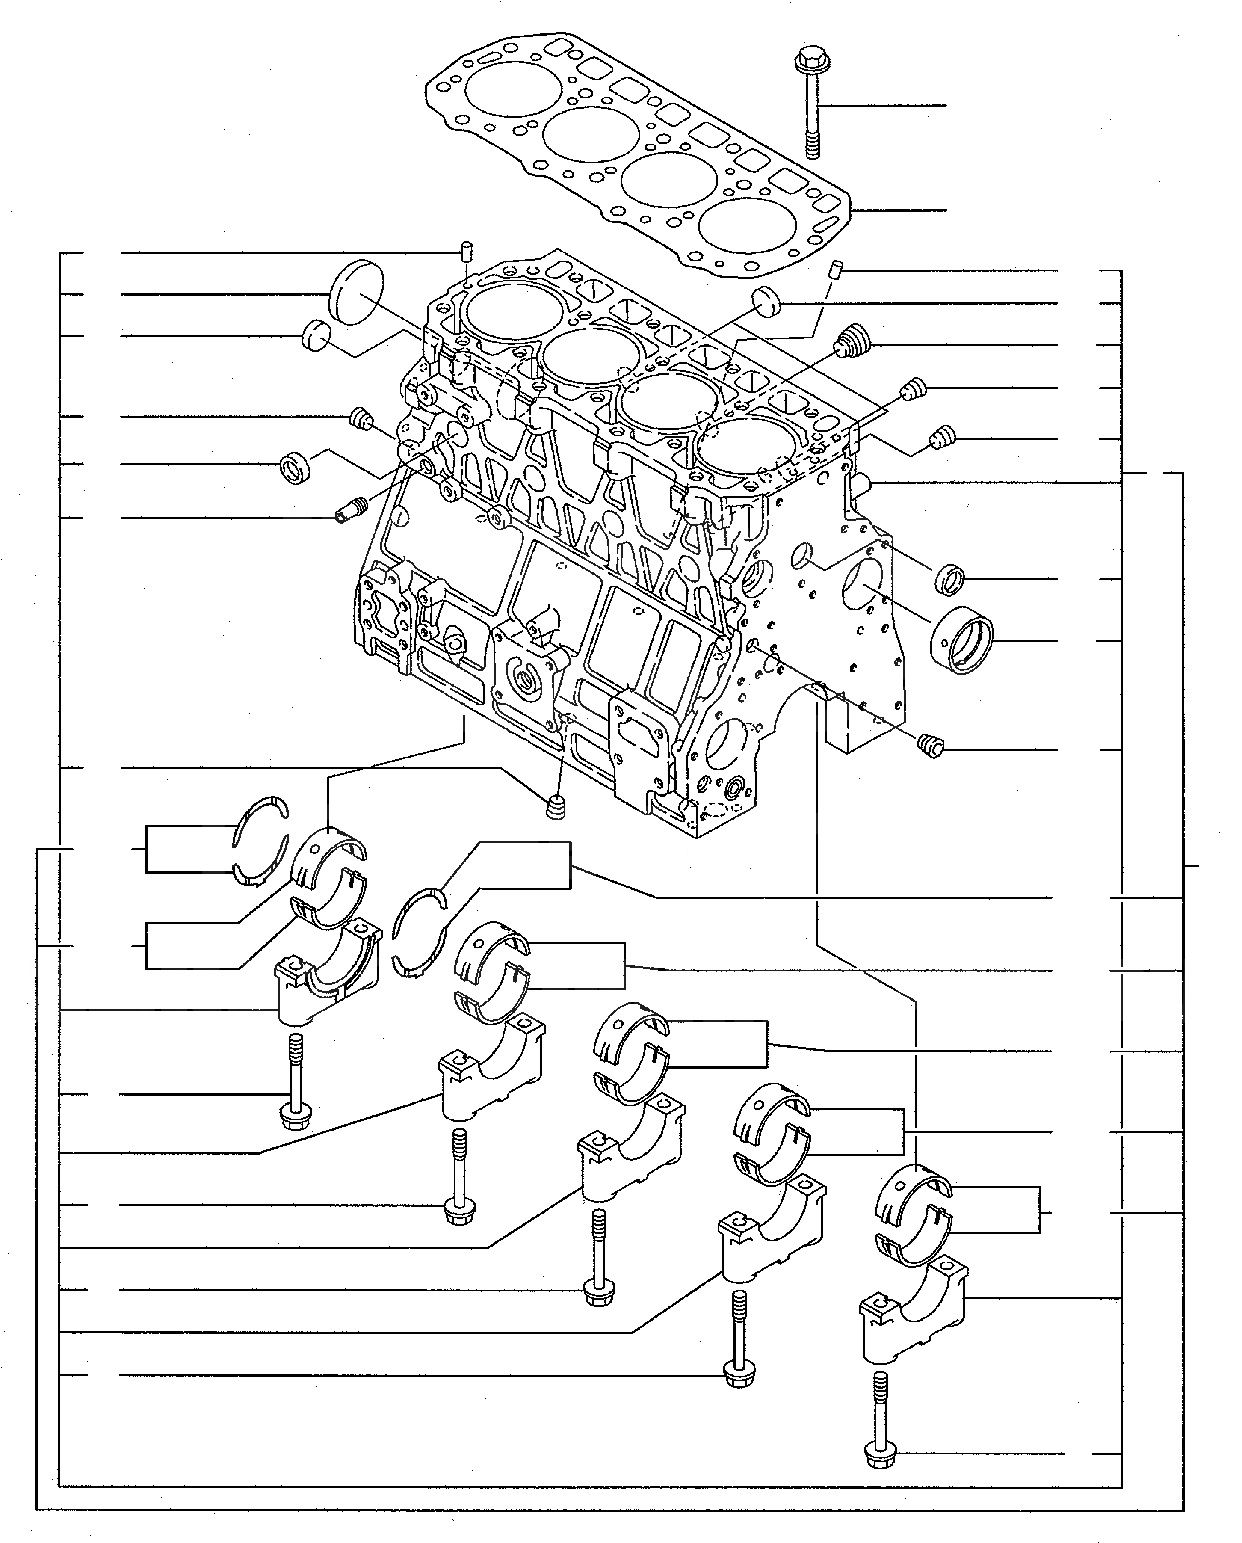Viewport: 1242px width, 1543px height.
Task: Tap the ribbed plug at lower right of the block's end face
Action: pyautogui.click(x=931, y=746)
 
